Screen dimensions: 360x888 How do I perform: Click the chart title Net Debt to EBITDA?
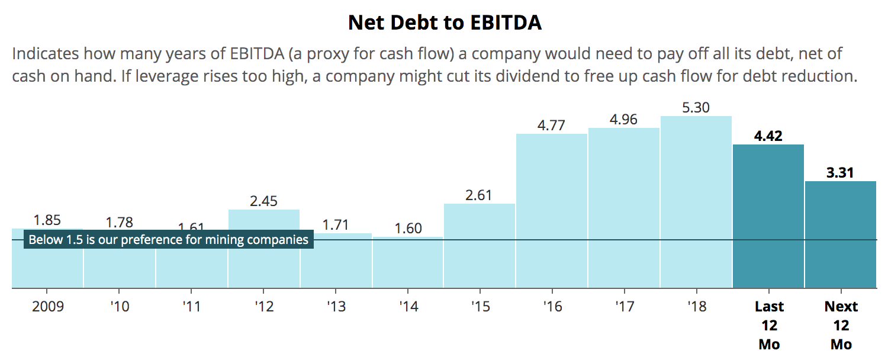pos(445,22)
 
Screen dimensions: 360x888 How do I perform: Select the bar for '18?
pos(696,201)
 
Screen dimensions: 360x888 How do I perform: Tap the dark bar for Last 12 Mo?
pos(768,216)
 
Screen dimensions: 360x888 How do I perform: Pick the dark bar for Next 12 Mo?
pos(841,234)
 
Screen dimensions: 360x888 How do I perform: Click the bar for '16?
pos(552,211)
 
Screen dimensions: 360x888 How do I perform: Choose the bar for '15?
pos(480,246)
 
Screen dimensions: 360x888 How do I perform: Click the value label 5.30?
pos(696,108)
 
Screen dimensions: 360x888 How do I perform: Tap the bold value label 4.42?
pos(768,136)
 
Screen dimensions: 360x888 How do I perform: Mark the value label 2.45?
pos(264,201)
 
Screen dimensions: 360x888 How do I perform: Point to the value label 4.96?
pos(624,120)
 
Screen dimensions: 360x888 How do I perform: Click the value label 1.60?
pos(408,229)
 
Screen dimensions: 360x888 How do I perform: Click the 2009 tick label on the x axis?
pos(47,307)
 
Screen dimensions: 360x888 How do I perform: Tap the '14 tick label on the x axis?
pos(408,307)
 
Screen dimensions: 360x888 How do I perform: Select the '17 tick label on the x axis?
pos(624,307)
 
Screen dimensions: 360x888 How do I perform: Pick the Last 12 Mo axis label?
pos(768,325)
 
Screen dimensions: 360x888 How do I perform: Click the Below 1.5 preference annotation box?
pos(169,240)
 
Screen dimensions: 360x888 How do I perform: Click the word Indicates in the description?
pos(45,54)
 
